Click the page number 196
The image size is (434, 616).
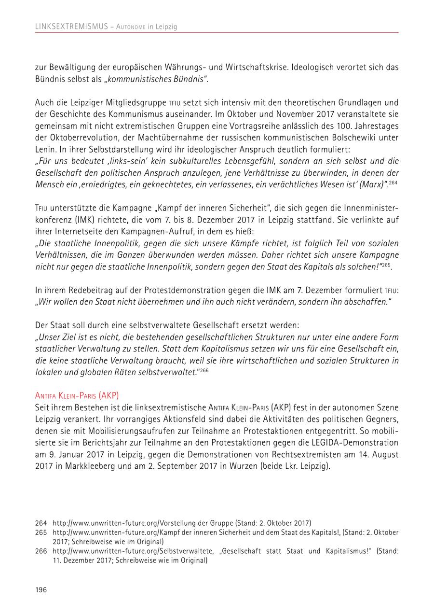tap(41, 590)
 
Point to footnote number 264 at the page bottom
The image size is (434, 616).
tap(41, 523)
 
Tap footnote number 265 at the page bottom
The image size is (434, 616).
tap(41, 532)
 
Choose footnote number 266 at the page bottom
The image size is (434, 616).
tap(41, 551)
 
